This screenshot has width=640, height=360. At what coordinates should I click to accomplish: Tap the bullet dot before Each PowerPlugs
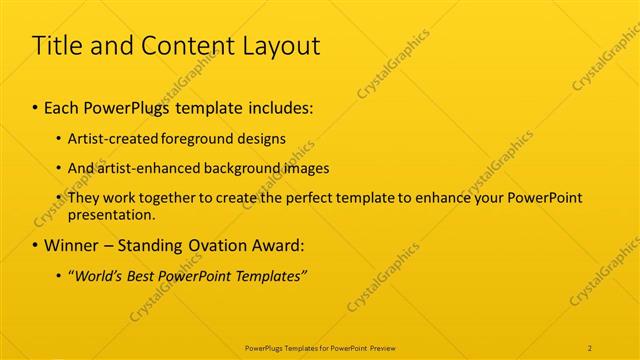tap(36, 106)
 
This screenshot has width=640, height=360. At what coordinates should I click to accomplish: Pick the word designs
tap(263, 138)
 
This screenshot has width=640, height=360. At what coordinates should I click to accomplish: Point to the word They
tap(83, 198)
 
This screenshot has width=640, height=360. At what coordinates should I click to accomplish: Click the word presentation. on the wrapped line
tap(112, 214)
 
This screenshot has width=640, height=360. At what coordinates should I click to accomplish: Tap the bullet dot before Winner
tap(36, 245)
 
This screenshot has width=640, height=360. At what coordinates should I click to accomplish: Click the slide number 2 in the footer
tap(590, 348)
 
